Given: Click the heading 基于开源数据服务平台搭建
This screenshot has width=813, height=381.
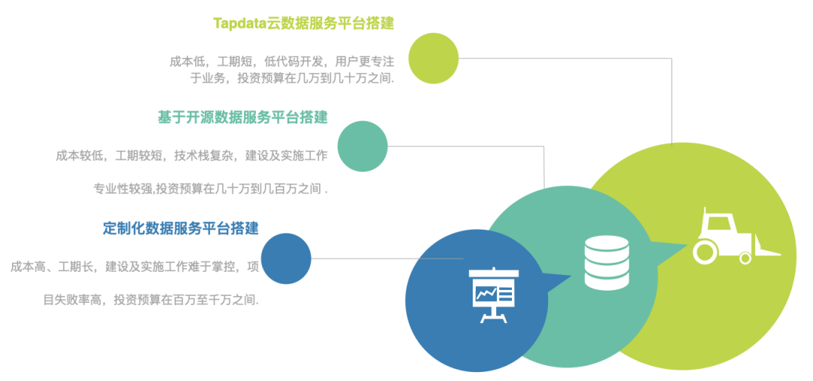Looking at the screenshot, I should [242, 117].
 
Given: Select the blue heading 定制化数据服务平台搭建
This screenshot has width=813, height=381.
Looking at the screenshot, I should [181, 227].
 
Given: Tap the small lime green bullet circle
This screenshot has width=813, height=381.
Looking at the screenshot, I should [434, 58].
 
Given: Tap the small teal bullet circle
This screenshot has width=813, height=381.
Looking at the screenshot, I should [362, 146].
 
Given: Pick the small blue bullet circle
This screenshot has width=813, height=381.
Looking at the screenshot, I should [286, 258].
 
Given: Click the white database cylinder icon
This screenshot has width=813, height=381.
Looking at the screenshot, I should [606, 262].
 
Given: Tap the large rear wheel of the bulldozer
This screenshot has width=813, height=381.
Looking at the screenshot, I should [705, 251].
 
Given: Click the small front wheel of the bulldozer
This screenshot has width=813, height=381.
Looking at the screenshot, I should [745, 258].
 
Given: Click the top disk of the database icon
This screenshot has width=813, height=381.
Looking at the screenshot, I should [606, 244].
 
